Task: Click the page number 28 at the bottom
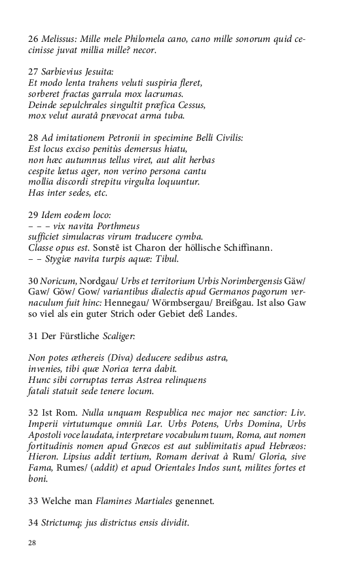tap(32, 543)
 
